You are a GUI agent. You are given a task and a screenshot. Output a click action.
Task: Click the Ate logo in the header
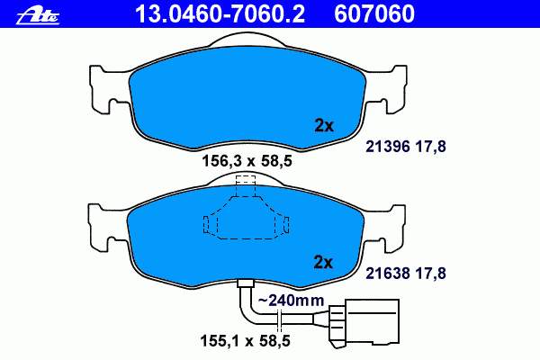[x=38, y=16]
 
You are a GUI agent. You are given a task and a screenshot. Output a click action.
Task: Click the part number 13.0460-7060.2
[x=220, y=14]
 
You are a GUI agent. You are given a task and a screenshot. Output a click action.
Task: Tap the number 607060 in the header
[x=374, y=14]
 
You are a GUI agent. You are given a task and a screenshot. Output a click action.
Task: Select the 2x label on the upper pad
[x=324, y=126]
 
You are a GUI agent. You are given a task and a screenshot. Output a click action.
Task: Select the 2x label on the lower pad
[x=323, y=263]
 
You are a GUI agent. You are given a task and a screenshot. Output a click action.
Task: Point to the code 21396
[x=387, y=147]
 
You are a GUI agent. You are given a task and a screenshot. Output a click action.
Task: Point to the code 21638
[x=387, y=274]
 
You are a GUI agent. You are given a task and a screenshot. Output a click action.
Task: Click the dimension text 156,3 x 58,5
[x=247, y=161]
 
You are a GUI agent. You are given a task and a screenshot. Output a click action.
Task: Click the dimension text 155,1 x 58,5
[x=246, y=341]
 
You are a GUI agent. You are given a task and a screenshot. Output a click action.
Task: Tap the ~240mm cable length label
[x=292, y=300]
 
